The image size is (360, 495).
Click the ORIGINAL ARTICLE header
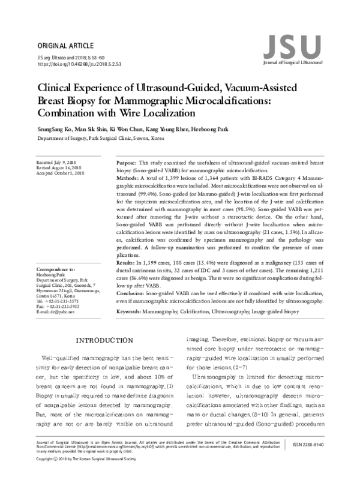(x=65, y=46)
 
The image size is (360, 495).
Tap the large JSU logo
(x=292, y=47)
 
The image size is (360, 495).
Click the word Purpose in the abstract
(x=125, y=163)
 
